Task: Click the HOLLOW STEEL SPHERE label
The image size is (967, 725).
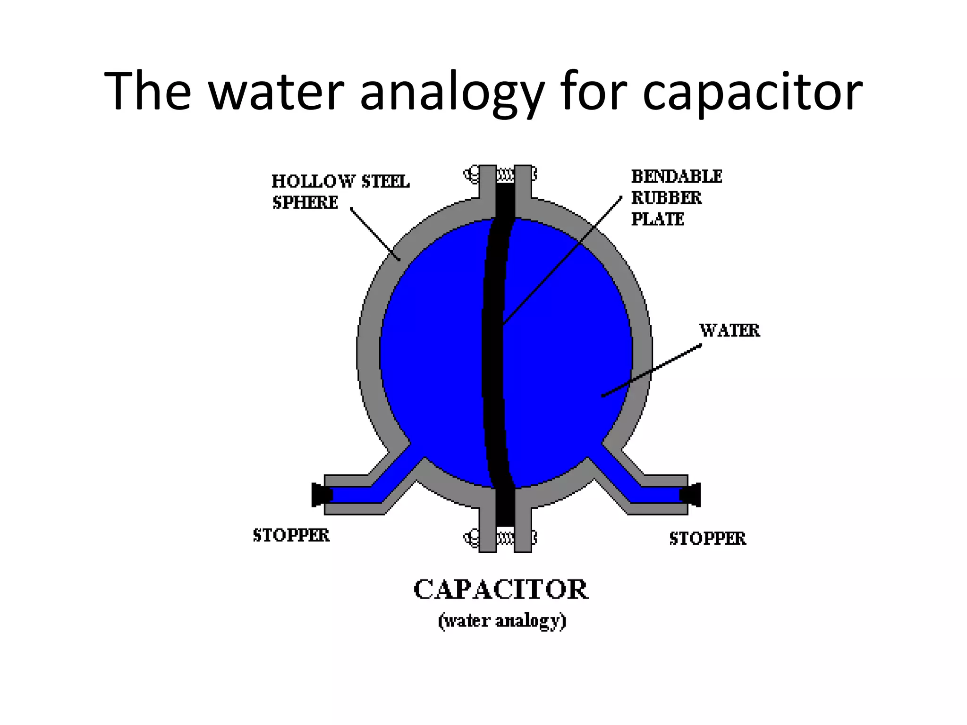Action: coord(340,192)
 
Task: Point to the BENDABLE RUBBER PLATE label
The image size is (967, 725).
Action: coord(676,198)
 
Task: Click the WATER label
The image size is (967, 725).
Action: coord(729,330)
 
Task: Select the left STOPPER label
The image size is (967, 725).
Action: coord(291,535)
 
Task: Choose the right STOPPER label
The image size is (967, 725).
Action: coord(707,539)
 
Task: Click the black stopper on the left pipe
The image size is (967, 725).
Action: coord(321,495)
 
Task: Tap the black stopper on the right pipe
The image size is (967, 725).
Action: coord(690,495)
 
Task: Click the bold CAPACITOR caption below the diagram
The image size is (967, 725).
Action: coord(501,590)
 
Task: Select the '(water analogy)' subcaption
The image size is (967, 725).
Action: coord(502,621)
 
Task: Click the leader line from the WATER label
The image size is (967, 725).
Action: coord(652,371)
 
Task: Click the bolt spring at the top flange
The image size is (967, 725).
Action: coord(505,176)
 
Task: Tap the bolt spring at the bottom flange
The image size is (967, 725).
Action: coord(505,538)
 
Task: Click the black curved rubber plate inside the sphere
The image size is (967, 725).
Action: coord(494,354)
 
